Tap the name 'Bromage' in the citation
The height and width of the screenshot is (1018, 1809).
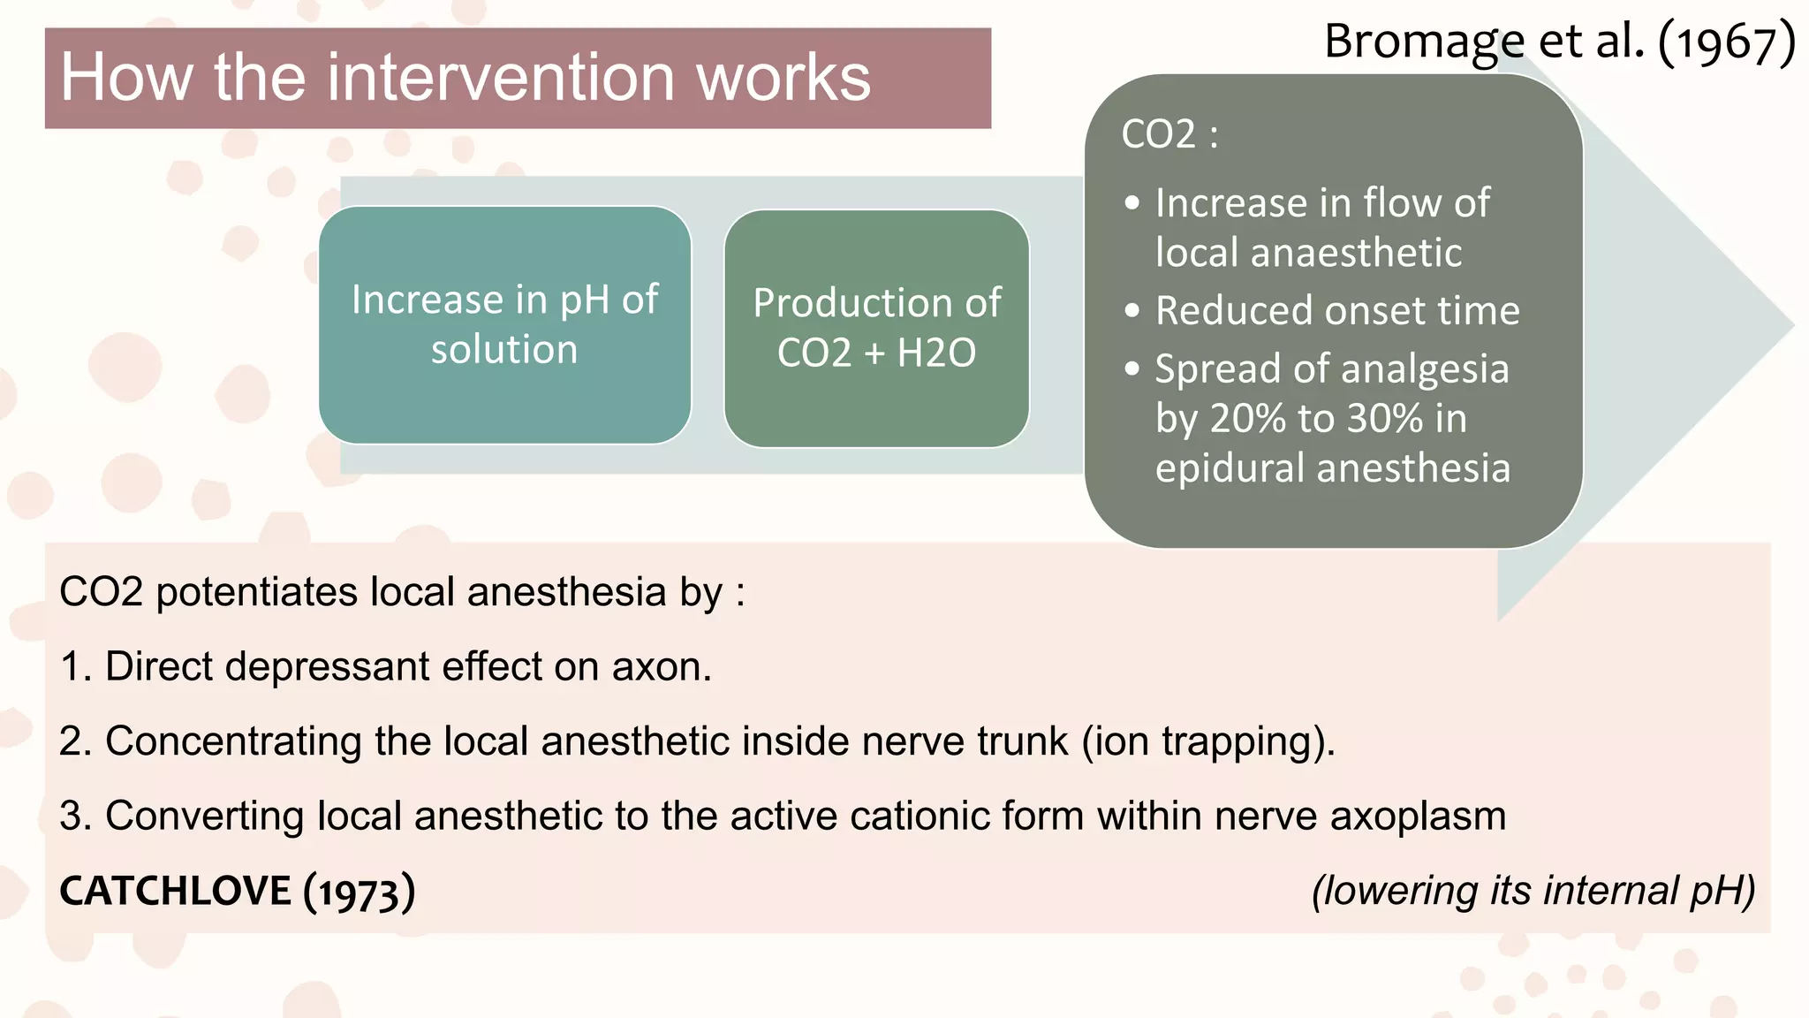coord(1424,42)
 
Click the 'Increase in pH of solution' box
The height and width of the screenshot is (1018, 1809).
coord(504,324)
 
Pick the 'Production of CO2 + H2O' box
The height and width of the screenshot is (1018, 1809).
coord(876,328)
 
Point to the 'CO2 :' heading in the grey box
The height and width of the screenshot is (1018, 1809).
coord(1169,134)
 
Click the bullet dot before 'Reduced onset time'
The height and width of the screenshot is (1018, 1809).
coord(1132,311)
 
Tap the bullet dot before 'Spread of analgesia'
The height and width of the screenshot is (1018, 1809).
coord(1132,368)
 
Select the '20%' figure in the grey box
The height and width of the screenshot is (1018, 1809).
coord(1247,418)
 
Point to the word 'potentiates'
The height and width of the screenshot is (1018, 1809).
coord(256,592)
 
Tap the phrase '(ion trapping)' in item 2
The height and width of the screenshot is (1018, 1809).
coord(1207,741)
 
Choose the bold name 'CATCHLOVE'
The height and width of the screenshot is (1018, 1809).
coord(175,891)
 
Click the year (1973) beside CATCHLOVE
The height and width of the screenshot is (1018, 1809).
coord(359,892)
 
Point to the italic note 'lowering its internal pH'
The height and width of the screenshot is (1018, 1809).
coord(1533,891)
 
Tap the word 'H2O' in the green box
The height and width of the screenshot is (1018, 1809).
coord(936,353)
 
